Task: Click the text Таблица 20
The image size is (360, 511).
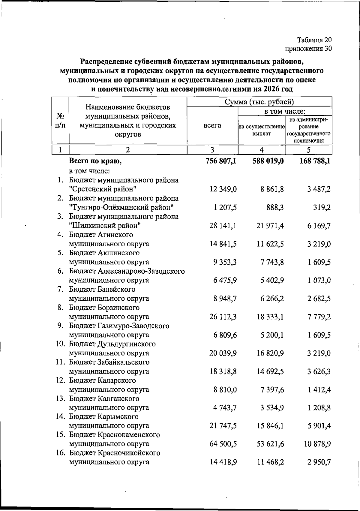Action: [314, 40]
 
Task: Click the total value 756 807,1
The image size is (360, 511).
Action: [221, 161]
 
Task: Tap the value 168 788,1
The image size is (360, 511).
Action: [315, 161]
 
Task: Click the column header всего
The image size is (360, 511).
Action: [212, 125]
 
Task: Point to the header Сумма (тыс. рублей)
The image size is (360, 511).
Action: [259, 102]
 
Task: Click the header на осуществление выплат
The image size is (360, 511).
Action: [261, 130]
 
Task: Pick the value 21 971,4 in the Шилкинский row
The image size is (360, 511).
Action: [270, 226]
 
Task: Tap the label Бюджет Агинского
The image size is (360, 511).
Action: [101, 235]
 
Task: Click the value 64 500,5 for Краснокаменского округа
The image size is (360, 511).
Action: [223, 444]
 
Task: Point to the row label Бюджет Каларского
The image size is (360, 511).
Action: [102, 380]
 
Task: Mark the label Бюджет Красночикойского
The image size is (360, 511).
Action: [114, 453]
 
